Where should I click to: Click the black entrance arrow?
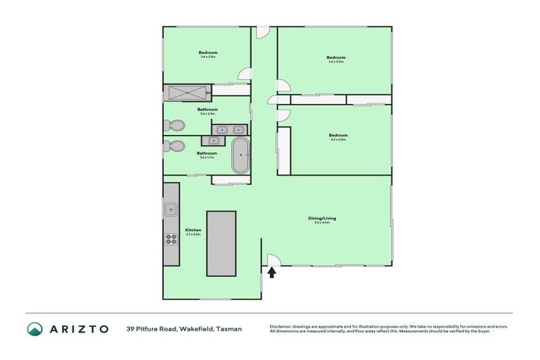(x=272, y=271)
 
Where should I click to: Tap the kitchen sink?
(x=170, y=208)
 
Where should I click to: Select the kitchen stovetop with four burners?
(x=170, y=238)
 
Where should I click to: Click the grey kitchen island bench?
(x=220, y=243)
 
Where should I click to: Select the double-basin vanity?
(x=231, y=129)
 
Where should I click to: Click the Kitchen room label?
(x=193, y=230)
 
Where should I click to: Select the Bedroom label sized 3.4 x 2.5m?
(x=207, y=53)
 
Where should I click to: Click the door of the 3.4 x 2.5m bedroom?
(x=243, y=75)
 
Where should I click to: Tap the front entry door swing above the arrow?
(x=272, y=261)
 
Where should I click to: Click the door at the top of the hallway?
(x=262, y=32)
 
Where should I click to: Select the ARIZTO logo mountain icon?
(x=34, y=328)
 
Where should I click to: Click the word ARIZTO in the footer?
(x=78, y=328)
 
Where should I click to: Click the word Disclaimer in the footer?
(x=280, y=326)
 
